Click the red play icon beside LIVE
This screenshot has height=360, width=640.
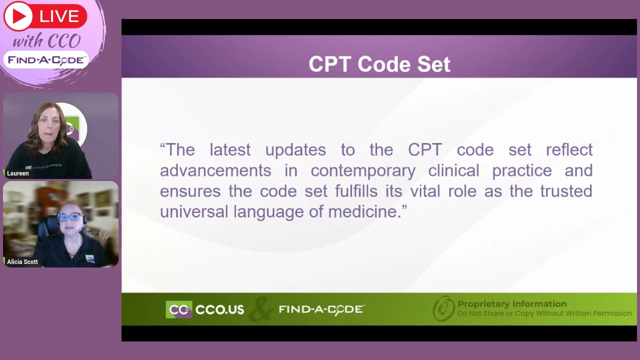(x=18, y=16)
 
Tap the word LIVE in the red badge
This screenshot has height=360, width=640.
(x=59, y=16)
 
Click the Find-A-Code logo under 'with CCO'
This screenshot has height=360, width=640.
(x=46, y=60)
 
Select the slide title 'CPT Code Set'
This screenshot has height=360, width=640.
(x=379, y=64)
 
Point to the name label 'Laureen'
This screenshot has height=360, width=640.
(x=18, y=173)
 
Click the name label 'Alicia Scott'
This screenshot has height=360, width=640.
(x=22, y=261)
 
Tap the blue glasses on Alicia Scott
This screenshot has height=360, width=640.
(x=69, y=217)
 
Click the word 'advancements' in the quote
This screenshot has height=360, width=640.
(x=215, y=170)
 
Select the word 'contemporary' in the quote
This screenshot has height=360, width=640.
(x=363, y=170)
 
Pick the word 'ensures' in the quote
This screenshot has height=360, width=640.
(x=190, y=191)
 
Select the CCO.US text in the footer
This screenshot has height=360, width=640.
(x=219, y=309)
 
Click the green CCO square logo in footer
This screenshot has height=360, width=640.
(x=178, y=309)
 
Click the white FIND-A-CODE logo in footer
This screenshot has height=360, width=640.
(x=321, y=309)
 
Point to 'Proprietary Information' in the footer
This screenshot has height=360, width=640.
(x=512, y=304)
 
